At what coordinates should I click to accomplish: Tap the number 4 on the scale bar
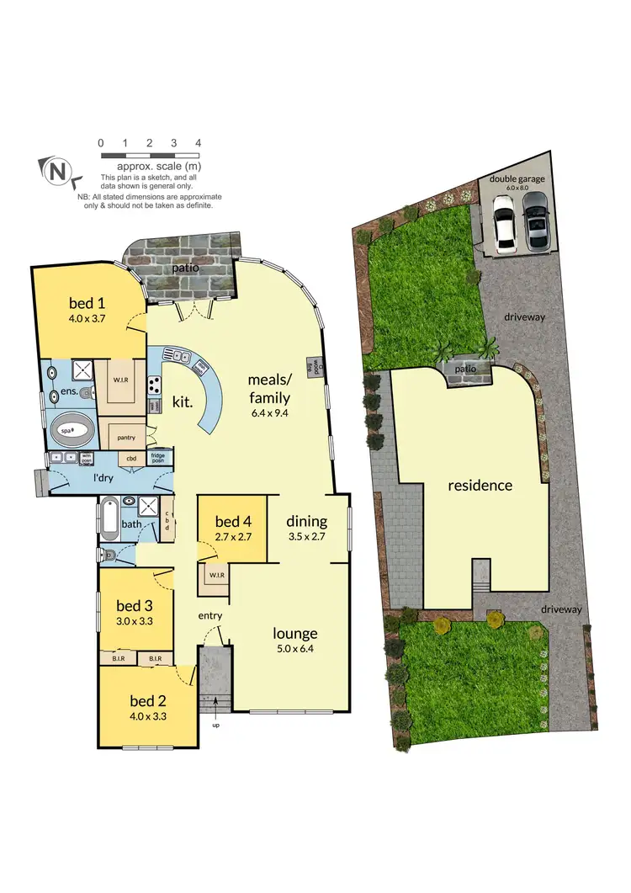click(198, 144)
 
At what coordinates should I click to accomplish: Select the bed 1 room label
click(86, 304)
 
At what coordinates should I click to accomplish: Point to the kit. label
click(182, 402)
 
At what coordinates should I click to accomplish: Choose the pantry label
click(127, 437)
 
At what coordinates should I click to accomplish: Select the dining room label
click(306, 520)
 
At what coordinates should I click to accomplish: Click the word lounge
click(294, 633)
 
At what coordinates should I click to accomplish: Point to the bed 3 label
click(134, 605)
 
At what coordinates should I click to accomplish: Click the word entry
click(209, 616)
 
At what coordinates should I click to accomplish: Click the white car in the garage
click(504, 223)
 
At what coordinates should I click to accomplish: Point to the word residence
click(480, 486)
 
